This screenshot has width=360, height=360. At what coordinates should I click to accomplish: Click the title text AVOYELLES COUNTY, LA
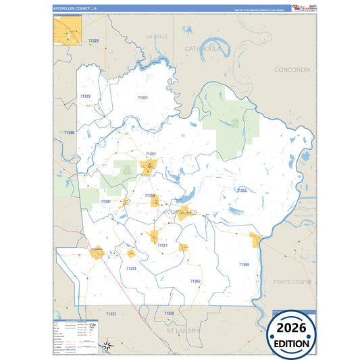click(75, 8)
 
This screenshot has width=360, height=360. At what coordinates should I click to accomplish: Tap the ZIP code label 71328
click(93, 41)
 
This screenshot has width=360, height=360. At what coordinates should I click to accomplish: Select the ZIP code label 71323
click(85, 97)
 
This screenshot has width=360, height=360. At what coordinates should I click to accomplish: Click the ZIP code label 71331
click(143, 98)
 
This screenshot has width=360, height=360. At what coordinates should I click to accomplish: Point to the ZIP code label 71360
click(69, 133)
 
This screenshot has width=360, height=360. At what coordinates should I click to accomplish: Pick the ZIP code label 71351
click(151, 154)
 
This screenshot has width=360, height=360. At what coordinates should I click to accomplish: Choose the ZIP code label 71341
click(106, 201)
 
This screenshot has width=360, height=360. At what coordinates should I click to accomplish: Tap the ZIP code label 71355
click(241, 190)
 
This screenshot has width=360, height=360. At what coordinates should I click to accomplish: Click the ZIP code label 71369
click(244, 264)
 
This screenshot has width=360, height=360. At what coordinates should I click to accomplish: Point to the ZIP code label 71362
click(195, 280)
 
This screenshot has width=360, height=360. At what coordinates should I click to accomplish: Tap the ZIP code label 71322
click(111, 314)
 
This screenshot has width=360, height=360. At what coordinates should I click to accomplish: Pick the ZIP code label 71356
click(169, 313)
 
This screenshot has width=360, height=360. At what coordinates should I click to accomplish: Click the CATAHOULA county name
click(203, 49)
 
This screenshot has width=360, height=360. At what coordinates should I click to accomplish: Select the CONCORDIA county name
click(292, 70)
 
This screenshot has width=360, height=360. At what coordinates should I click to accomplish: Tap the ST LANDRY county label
click(183, 331)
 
